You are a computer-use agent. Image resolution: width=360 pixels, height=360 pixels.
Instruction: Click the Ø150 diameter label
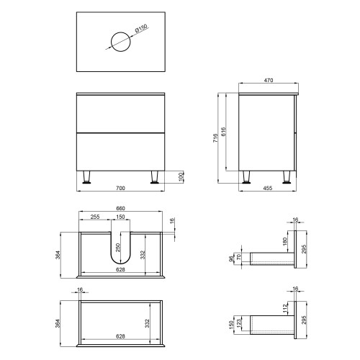[x=141, y=28]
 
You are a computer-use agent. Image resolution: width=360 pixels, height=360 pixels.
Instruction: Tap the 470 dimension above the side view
[x=269, y=80]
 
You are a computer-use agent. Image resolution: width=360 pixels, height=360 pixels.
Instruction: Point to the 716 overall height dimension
[x=215, y=138]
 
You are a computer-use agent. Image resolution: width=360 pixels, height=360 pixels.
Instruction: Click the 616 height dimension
[x=223, y=132]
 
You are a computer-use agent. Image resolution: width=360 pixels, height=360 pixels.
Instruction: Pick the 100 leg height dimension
[x=181, y=177]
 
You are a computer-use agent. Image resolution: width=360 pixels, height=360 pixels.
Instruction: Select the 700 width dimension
[x=120, y=188]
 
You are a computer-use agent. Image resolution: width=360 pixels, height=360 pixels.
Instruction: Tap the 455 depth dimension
[x=268, y=188]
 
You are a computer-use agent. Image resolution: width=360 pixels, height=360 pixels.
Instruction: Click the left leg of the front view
[x=86, y=177]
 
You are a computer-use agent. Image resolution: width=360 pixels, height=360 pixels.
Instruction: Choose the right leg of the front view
[x=155, y=177]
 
